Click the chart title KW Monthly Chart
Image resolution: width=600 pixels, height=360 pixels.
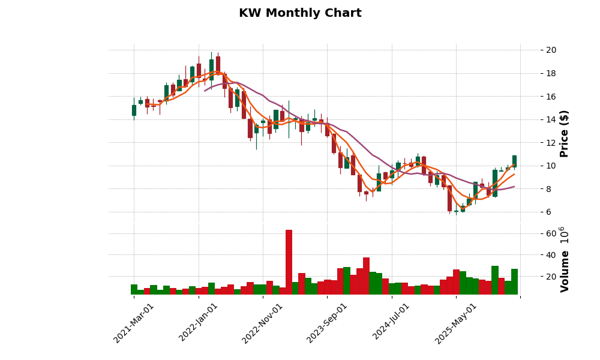pyautogui.click(x=300, y=13)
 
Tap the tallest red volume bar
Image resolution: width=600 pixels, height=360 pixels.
pyautogui.click(x=289, y=262)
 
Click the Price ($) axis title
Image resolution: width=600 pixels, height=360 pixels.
pyautogui.click(x=564, y=133)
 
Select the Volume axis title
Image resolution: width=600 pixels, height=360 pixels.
pyautogui.click(x=564, y=259)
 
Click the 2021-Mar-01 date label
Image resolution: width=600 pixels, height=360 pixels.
pyautogui.click(x=134, y=323)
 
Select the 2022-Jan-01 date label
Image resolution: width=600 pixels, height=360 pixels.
pyautogui.click(x=199, y=323)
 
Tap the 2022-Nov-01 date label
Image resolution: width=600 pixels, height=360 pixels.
pyautogui.click(x=262, y=323)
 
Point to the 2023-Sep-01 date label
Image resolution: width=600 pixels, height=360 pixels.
pyautogui.click(x=327, y=323)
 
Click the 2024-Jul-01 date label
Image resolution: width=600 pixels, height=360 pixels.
pyautogui.click(x=391, y=323)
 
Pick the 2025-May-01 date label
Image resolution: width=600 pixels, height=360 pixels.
pyautogui.click(x=456, y=323)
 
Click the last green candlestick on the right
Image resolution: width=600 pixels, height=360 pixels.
pyautogui.click(x=514, y=161)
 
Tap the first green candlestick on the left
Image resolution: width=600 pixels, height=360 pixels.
pyautogui.click(x=134, y=110)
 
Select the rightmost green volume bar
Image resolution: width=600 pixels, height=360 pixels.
pyautogui.click(x=514, y=281)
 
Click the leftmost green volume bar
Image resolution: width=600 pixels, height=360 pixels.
pyautogui.click(x=134, y=289)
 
